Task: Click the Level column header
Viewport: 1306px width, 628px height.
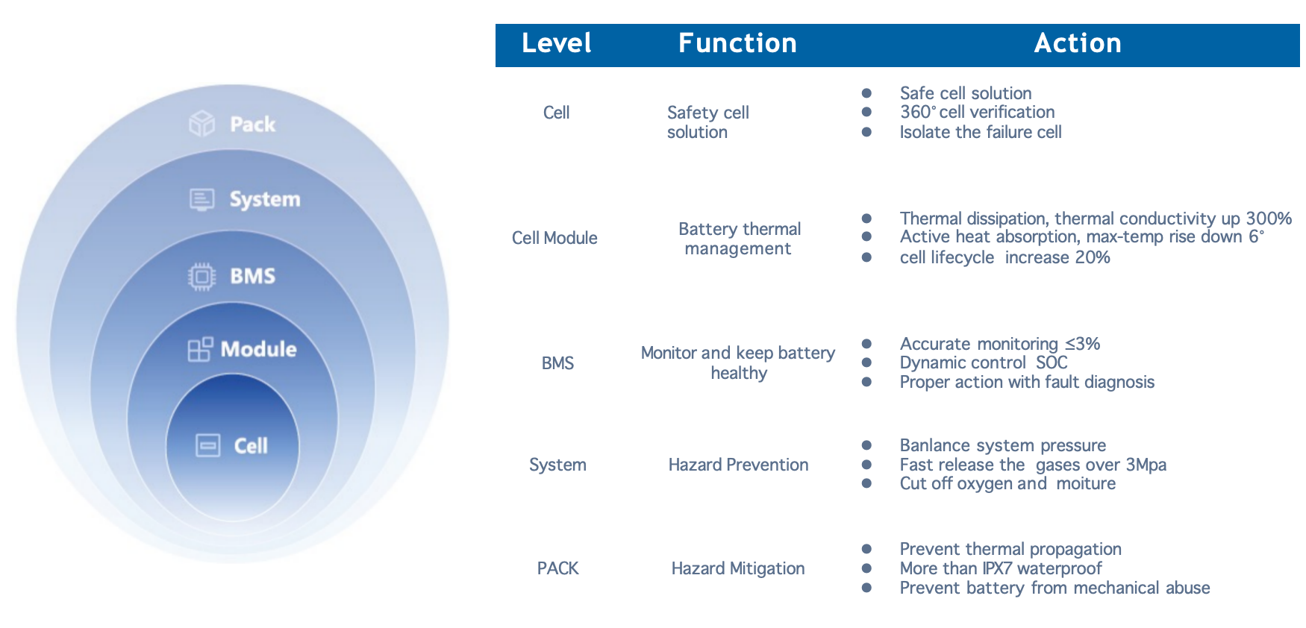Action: pos(556,43)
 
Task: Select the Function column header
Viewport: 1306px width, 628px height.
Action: pos(737,43)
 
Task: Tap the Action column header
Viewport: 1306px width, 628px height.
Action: pos(1077,43)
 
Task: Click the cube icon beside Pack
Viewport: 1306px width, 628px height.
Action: pos(201,124)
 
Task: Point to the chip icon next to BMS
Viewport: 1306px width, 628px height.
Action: pos(201,277)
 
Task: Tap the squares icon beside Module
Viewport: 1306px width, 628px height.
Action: pos(200,349)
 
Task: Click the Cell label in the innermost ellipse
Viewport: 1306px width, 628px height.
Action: pos(251,446)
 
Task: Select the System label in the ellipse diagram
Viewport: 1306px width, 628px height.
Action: pos(264,200)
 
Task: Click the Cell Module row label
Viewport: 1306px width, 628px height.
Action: pos(554,238)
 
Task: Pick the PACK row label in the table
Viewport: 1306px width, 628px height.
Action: pos(557,568)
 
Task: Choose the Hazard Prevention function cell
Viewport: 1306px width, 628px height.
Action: pos(737,465)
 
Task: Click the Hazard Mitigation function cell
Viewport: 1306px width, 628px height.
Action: pos(737,568)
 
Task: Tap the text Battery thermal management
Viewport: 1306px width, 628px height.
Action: pos(739,239)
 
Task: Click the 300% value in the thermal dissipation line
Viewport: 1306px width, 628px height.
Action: pos(1268,219)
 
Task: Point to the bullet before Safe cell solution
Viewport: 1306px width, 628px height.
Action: pos(866,93)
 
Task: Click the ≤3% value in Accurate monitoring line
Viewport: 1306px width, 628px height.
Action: pos(1082,344)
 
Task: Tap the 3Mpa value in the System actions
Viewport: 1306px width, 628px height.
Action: pos(1146,465)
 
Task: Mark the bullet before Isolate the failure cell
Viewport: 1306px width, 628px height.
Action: pos(866,132)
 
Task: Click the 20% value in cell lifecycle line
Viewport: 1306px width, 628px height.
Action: pos(1093,257)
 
